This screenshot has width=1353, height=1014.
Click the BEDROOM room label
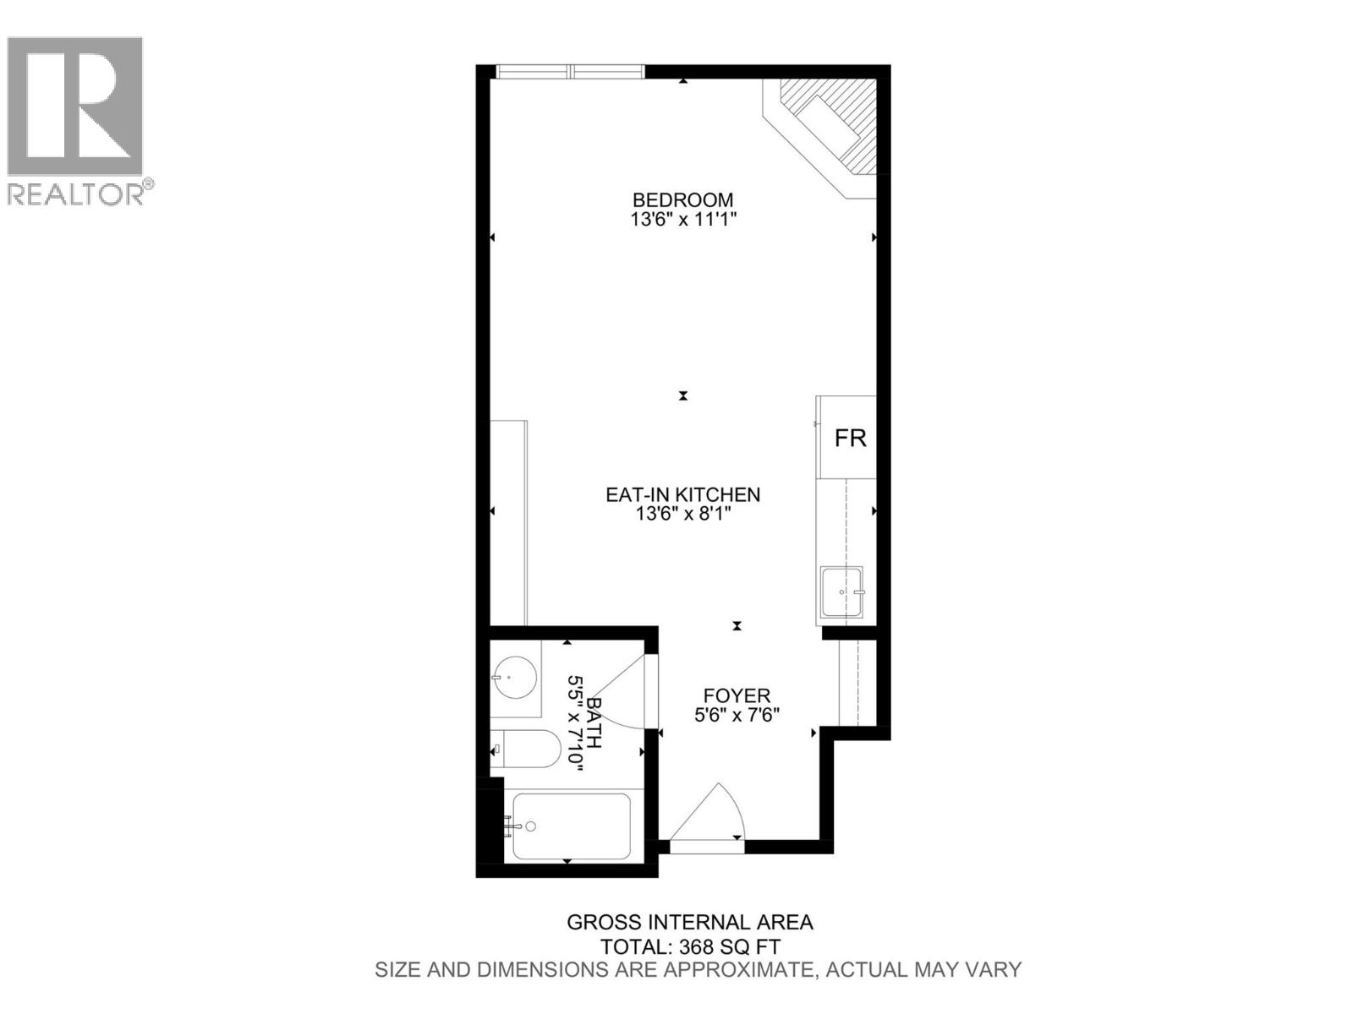coord(682,200)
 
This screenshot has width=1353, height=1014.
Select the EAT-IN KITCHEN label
coord(682,494)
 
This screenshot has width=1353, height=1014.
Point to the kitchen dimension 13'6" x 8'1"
coord(683,514)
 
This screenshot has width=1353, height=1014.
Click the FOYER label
coord(737,695)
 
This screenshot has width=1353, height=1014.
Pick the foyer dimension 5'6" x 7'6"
coord(737,715)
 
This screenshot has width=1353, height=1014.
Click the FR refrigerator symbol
coord(850,438)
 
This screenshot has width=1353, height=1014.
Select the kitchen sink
coord(841,591)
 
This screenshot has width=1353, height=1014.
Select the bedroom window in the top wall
coord(570,72)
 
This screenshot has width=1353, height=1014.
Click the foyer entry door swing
coord(710,815)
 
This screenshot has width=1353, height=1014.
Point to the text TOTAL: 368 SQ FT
coord(690,946)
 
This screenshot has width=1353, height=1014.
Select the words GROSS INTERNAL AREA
coord(690,923)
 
